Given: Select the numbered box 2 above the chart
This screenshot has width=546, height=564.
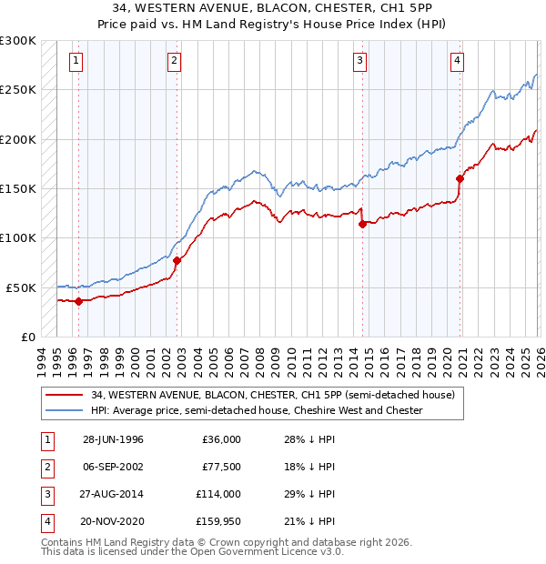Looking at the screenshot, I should [173, 61].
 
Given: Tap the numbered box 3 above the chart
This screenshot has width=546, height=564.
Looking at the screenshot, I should [360, 61].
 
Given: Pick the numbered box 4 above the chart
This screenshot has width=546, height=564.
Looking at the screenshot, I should [457, 61].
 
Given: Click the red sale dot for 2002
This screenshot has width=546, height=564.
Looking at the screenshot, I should [177, 260].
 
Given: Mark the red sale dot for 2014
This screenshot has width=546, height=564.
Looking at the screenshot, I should [362, 224].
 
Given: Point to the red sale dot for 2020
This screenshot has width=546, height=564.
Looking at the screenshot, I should [460, 178].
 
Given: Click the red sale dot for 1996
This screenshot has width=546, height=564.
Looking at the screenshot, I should [79, 301].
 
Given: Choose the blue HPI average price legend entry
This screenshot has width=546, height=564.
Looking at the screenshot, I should [257, 411].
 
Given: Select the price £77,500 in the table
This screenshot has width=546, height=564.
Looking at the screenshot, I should [219, 467].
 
